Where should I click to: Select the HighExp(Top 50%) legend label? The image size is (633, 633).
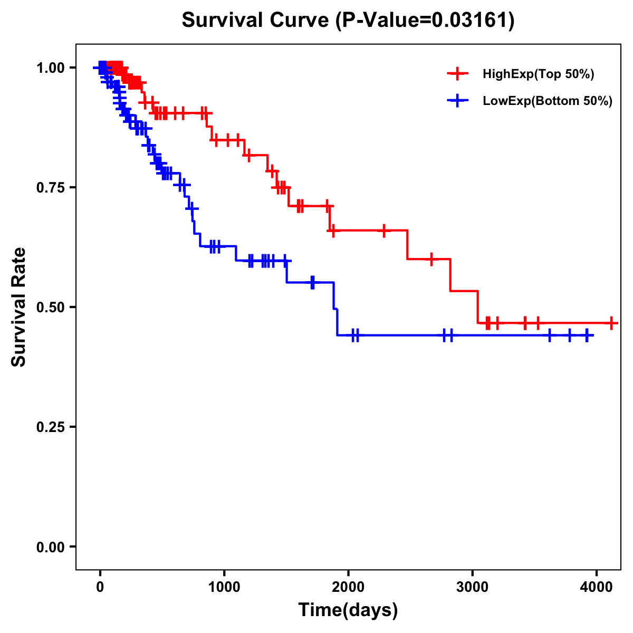coord(538,74)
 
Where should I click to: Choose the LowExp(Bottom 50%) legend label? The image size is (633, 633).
coord(548,101)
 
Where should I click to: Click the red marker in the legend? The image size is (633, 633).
coord(457,74)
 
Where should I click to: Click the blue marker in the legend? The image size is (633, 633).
coord(457,101)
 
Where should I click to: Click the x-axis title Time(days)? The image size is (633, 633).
coord(348,610)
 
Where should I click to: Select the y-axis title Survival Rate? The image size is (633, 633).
coord(19,307)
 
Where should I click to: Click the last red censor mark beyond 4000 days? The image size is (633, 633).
coord(611,323)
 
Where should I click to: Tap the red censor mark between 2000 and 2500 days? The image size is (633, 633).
coord(383,231)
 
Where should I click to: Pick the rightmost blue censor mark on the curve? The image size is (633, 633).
coord(587,335)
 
